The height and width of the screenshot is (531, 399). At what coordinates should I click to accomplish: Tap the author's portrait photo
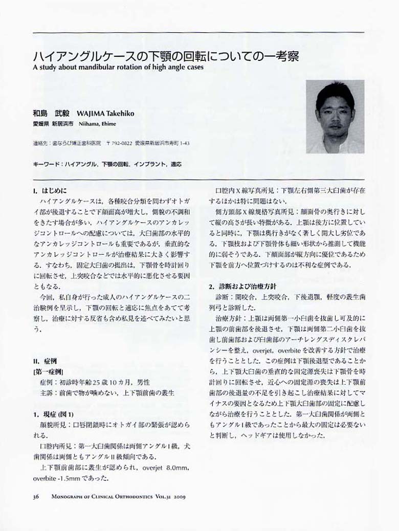(x=335, y=117)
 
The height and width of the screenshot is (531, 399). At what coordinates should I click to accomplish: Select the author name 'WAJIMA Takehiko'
(x=105, y=114)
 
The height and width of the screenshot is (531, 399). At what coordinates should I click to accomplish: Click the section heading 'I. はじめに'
(x=49, y=191)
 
